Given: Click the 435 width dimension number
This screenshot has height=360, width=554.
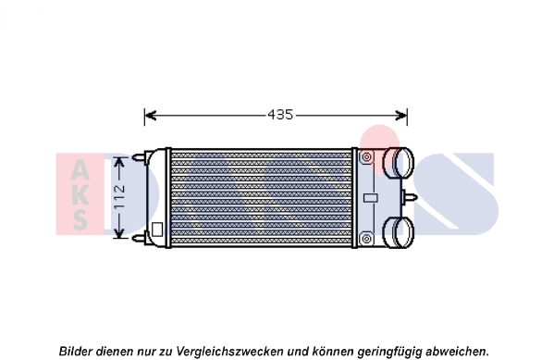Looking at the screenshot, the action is tap(280, 115).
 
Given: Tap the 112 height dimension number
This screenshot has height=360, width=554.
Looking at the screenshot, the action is tap(120, 197).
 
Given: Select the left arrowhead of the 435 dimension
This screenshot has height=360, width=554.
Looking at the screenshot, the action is tap(151, 115).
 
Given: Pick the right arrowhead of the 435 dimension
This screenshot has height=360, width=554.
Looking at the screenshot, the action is tap(401, 115).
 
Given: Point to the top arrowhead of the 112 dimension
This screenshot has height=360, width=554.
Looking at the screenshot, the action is tap(119, 164).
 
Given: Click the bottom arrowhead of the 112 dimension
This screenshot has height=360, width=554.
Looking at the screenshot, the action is tap(119, 232).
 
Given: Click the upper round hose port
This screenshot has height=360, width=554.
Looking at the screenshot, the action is tap(399, 163).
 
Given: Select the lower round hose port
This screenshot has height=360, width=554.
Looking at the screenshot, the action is tap(399, 232).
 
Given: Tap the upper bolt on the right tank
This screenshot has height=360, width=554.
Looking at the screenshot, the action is tap(367, 156).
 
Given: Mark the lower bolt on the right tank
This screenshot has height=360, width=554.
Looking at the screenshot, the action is tap(367, 239).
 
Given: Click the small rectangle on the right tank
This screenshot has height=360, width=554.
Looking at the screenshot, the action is tap(371, 198).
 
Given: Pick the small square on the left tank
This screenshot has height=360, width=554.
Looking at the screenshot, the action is tap(157, 229).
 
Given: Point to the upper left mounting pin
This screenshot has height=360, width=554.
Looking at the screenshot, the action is tap(140, 157).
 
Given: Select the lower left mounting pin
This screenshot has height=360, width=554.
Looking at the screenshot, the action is tap(140, 239).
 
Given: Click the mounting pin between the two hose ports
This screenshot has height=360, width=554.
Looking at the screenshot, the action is tap(410, 198).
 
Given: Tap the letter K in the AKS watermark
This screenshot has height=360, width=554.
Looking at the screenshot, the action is tap(80, 193).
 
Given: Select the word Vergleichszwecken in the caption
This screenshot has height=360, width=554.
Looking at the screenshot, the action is tap(229, 352).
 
